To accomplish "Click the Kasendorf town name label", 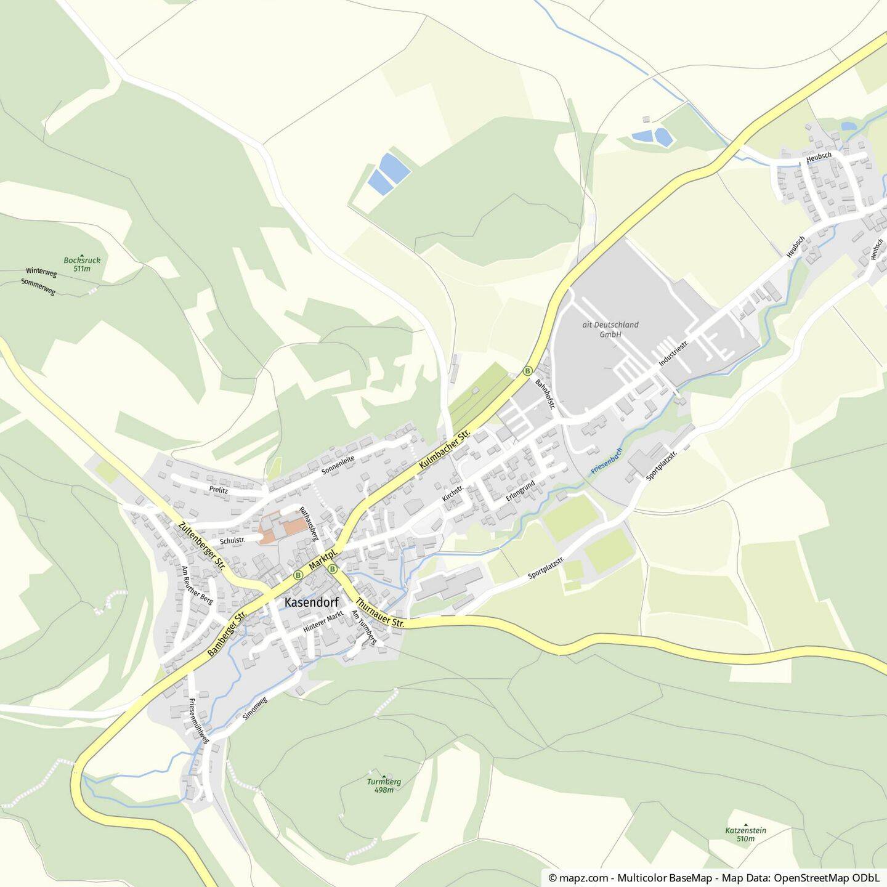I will (312, 603).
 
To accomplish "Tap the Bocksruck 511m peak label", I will (82, 264).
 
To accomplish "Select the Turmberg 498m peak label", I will (384, 785).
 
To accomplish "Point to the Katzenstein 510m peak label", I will (745, 834).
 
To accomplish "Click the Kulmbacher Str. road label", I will (444, 452).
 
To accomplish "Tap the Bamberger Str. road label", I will (227, 633).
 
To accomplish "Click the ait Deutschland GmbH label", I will (610, 330).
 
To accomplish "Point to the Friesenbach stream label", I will (607, 460).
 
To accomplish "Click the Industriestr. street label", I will (673, 352).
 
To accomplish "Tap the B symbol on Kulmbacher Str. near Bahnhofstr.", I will (528, 371).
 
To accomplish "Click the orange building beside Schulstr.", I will (283, 528).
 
